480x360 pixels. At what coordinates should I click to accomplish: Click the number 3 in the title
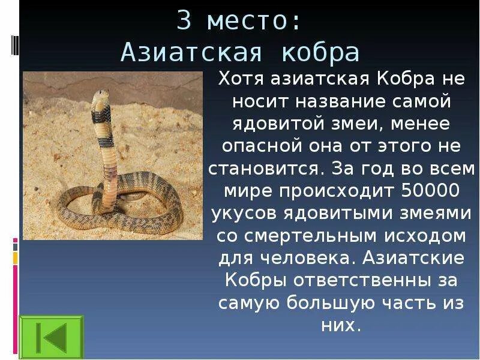[x=184, y=23]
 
